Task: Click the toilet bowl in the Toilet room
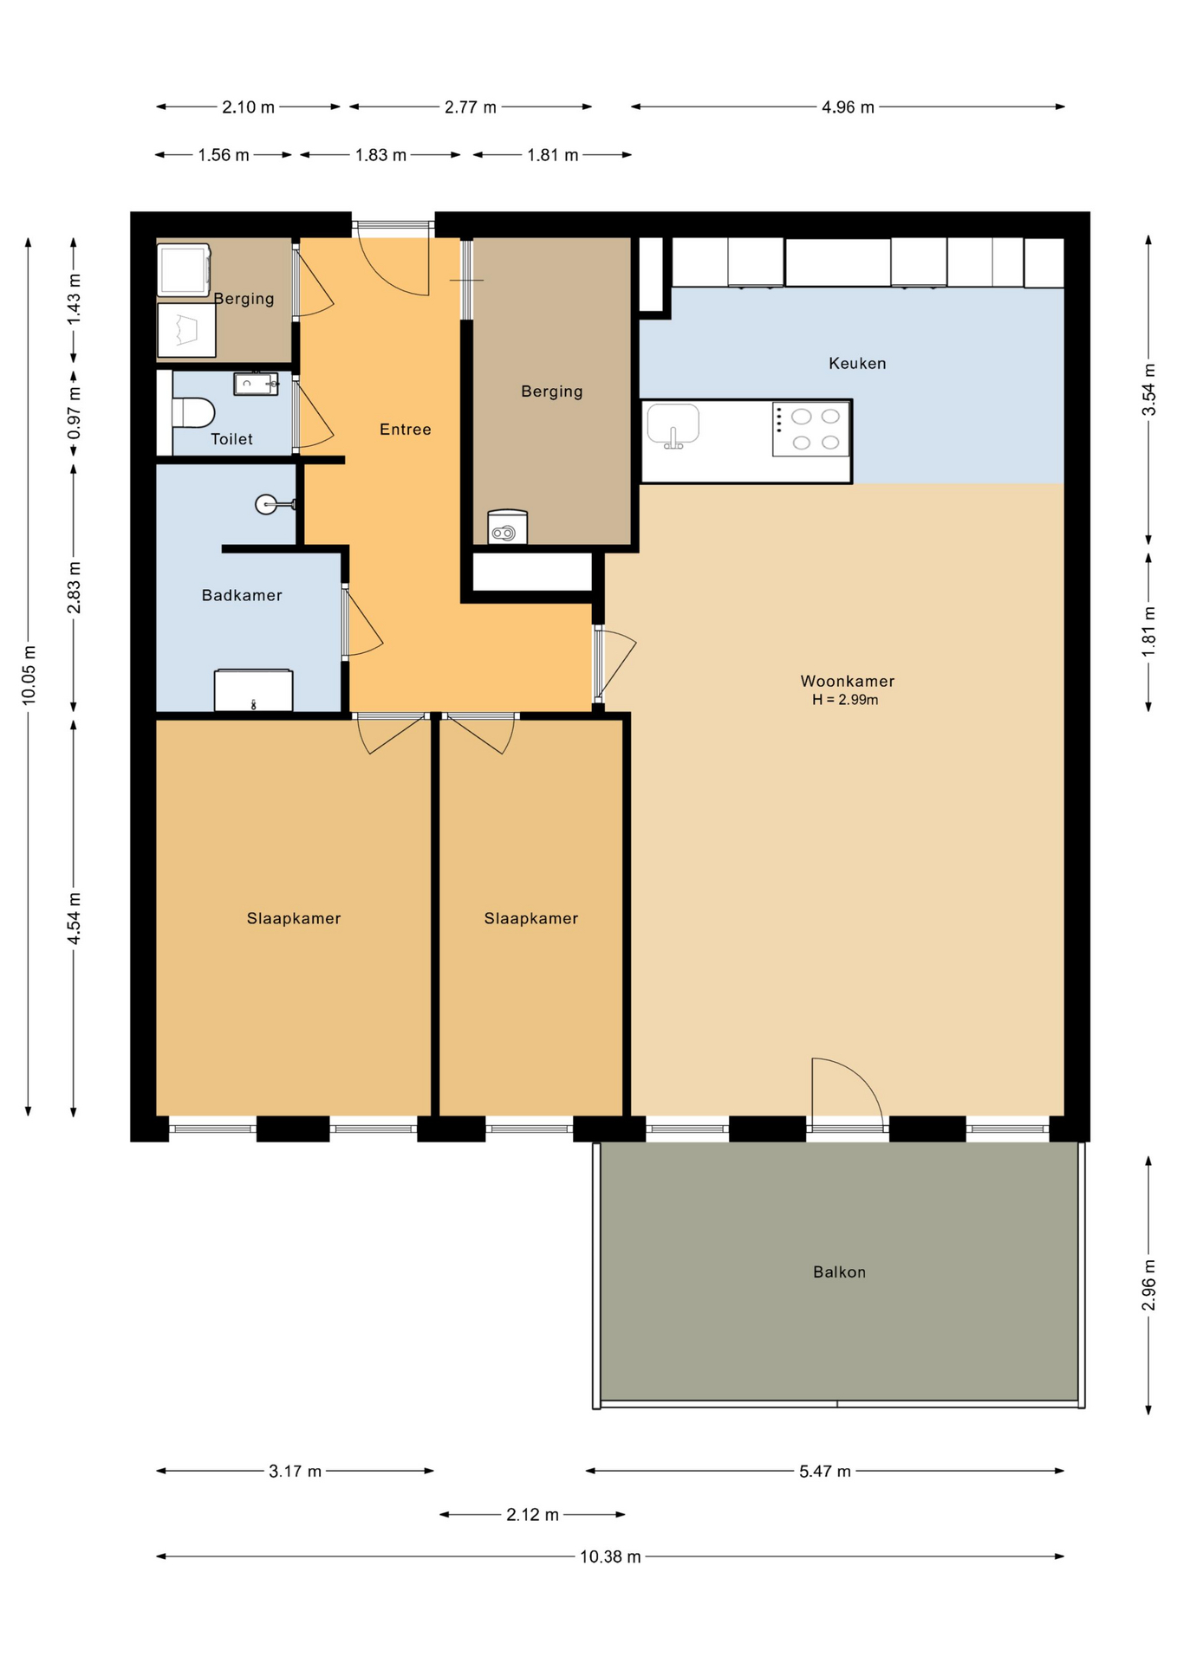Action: [x=192, y=413]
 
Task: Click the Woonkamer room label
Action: [x=847, y=682]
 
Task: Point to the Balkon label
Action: [x=839, y=1272]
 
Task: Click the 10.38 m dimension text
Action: [x=610, y=1557]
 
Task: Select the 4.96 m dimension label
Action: [x=848, y=107]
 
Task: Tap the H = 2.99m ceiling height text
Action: [x=845, y=700]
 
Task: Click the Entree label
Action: [x=405, y=430]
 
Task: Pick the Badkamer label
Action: [x=242, y=596]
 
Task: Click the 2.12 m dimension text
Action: [x=532, y=1515]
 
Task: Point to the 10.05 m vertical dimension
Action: [x=29, y=675]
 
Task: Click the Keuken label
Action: [x=857, y=364]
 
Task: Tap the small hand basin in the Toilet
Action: [x=256, y=384]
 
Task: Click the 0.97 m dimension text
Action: [x=74, y=412]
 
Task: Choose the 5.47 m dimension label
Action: [x=825, y=1472]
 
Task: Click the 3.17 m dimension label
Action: [x=295, y=1472]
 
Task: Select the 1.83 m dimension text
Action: [x=380, y=155]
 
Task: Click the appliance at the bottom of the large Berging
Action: [x=507, y=527]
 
